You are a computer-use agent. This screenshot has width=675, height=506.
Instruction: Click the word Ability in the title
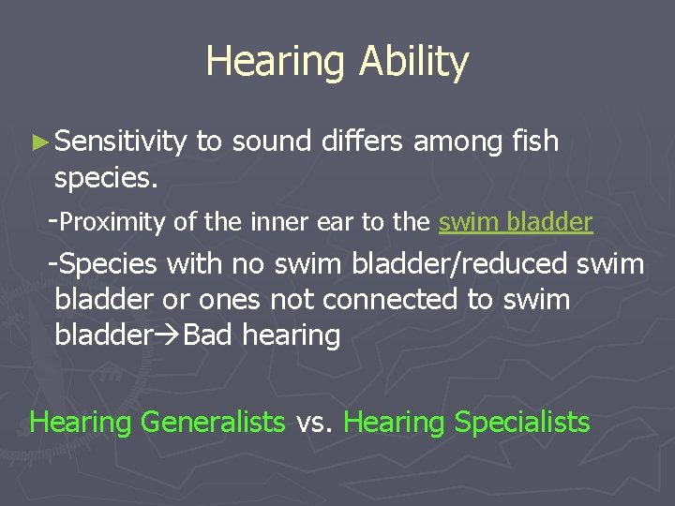[413, 63]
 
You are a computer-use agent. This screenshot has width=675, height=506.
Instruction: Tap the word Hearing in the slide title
[277, 63]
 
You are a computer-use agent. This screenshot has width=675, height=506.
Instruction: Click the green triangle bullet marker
[37, 142]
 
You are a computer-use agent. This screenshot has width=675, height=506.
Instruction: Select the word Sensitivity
[121, 141]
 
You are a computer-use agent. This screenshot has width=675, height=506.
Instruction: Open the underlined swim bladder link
[516, 222]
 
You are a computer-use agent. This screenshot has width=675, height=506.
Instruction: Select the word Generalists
[212, 423]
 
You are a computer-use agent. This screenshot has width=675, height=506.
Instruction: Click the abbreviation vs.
[314, 423]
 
